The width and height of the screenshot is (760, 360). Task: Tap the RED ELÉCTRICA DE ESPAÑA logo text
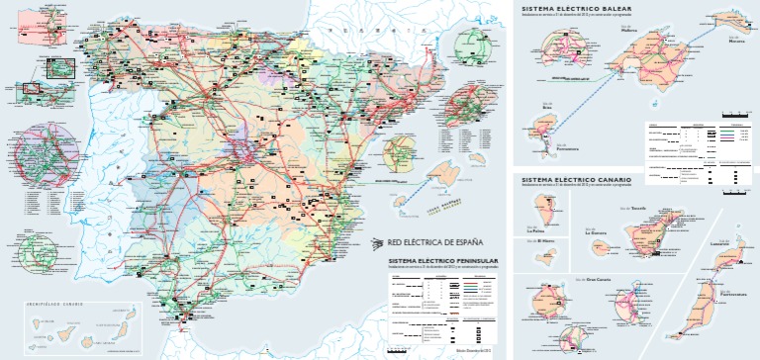point(434,241)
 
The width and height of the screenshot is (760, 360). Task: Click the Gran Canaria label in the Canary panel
point(599,280)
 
